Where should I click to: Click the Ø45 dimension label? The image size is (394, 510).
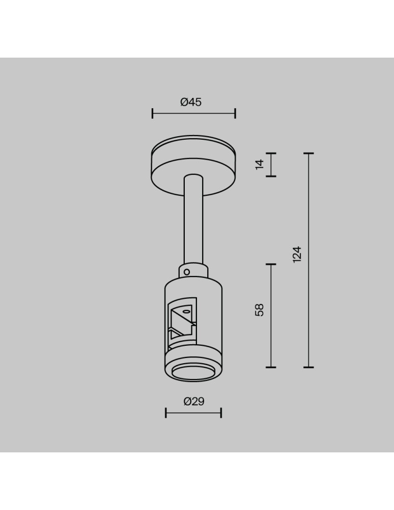click(191, 102)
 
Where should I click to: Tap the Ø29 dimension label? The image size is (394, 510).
click(193, 401)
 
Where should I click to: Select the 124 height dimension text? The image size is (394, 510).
click(297, 254)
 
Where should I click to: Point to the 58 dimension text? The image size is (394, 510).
click(260, 310)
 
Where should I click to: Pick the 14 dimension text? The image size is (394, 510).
click(260, 164)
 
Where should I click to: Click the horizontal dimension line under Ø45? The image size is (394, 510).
click(193, 113)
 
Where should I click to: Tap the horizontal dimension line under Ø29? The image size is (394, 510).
click(193, 413)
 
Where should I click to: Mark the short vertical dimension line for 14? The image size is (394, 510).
click(271, 164)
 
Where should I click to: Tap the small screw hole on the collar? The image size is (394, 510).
click(187, 272)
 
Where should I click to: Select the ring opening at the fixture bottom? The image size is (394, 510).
click(193, 373)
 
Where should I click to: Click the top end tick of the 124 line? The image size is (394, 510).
click(308, 153)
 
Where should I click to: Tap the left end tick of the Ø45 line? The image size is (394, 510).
click(152, 113)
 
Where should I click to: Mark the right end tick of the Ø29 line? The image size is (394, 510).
click(221, 413)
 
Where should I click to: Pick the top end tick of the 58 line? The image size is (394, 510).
click(271, 264)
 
